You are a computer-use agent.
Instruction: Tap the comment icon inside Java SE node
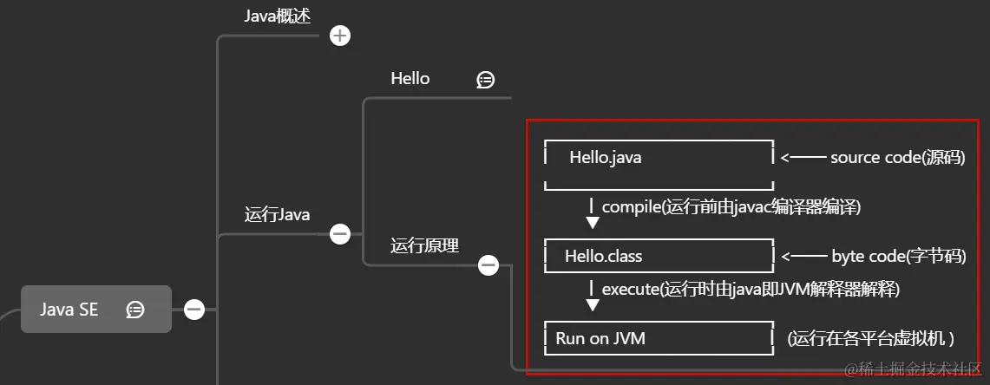point(135,310)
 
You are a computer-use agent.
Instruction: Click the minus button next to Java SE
point(194,309)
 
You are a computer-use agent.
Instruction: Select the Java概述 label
point(276,16)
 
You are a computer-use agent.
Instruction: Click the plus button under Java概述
point(340,36)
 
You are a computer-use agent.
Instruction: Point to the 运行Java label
point(277,214)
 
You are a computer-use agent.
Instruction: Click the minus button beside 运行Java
point(340,233)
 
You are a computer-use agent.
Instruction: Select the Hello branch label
point(410,79)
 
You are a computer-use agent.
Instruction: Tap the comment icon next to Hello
point(486,80)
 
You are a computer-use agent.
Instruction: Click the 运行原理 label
point(424,245)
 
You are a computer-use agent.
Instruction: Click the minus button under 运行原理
point(488,265)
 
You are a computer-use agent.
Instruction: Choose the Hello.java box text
point(606,158)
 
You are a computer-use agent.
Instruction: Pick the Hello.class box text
point(603,257)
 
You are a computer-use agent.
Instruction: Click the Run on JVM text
point(600,338)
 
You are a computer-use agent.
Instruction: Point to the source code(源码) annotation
point(897,158)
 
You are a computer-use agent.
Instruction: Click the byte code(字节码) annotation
point(898,256)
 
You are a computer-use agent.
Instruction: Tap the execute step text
point(751,289)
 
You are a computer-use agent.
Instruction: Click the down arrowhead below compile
point(593,223)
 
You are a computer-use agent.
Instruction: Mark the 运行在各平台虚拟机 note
point(870,338)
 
